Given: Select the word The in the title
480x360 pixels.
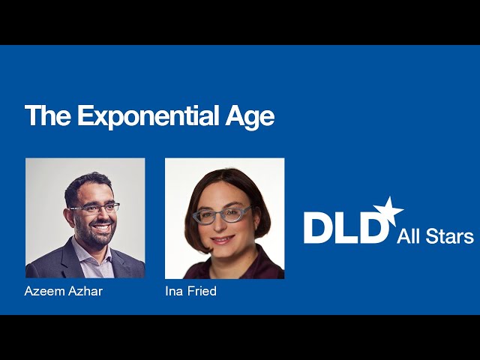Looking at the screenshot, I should (x=49, y=117).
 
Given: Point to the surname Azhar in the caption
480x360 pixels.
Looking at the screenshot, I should (x=84, y=291).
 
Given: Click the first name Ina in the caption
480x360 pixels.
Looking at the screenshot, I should (x=173, y=291).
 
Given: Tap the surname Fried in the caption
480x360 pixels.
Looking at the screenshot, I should (x=201, y=291).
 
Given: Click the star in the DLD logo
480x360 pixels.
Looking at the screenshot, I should (x=389, y=211).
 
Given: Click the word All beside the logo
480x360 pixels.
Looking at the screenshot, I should (x=409, y=237).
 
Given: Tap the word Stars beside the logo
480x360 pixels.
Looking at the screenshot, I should (x=449, y=237).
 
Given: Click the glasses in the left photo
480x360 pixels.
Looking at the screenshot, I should (x=94, y=208).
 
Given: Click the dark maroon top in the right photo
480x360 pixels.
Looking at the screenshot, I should (x=225, y=268).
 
